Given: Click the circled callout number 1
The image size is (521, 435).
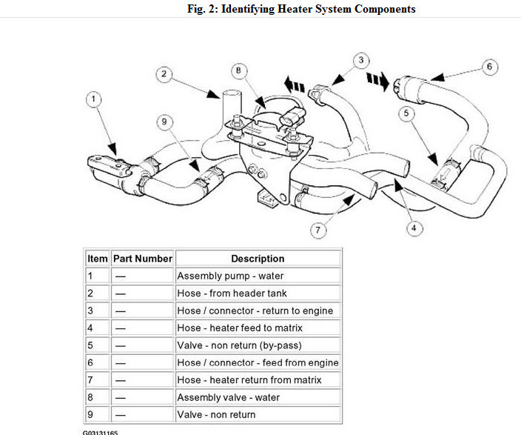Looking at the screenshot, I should coord(93,99).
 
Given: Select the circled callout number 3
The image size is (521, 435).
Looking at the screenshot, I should coord(360,60).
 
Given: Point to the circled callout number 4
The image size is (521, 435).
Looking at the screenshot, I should coord(413,228).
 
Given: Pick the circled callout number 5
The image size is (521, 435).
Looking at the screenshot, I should coord(406,113).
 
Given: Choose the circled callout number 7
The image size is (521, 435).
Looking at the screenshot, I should coord(318,230).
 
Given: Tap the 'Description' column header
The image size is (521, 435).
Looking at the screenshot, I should coord(258,259).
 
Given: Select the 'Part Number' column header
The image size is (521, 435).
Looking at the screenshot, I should coord(142,259).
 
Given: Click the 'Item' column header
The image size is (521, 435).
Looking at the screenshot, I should coord(97,259).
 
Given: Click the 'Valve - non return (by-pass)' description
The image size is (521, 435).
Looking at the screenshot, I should coord(239,345).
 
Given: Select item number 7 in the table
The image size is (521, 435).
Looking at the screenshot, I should coord(91,380).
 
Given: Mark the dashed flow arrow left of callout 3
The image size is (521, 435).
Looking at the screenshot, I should coord(295,86).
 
